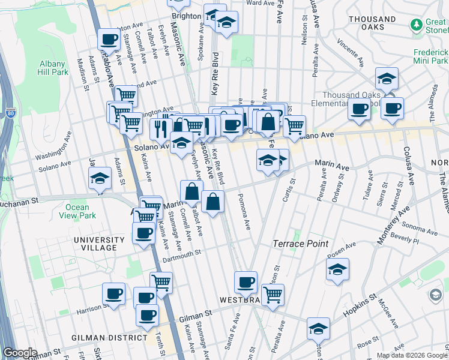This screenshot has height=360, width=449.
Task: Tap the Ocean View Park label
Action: click(80, 211)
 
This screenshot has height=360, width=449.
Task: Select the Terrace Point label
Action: click(301, 244)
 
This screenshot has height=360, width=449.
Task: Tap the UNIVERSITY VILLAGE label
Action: click(95, 244)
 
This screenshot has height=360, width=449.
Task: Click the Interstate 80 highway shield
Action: click(10, 112)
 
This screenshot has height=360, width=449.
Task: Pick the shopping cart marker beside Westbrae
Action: click(273, 295)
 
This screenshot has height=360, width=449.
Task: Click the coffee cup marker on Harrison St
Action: click(114, 294)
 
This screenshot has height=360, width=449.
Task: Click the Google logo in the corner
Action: click(20, 353)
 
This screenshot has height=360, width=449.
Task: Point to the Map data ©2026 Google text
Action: click(412, 355)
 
